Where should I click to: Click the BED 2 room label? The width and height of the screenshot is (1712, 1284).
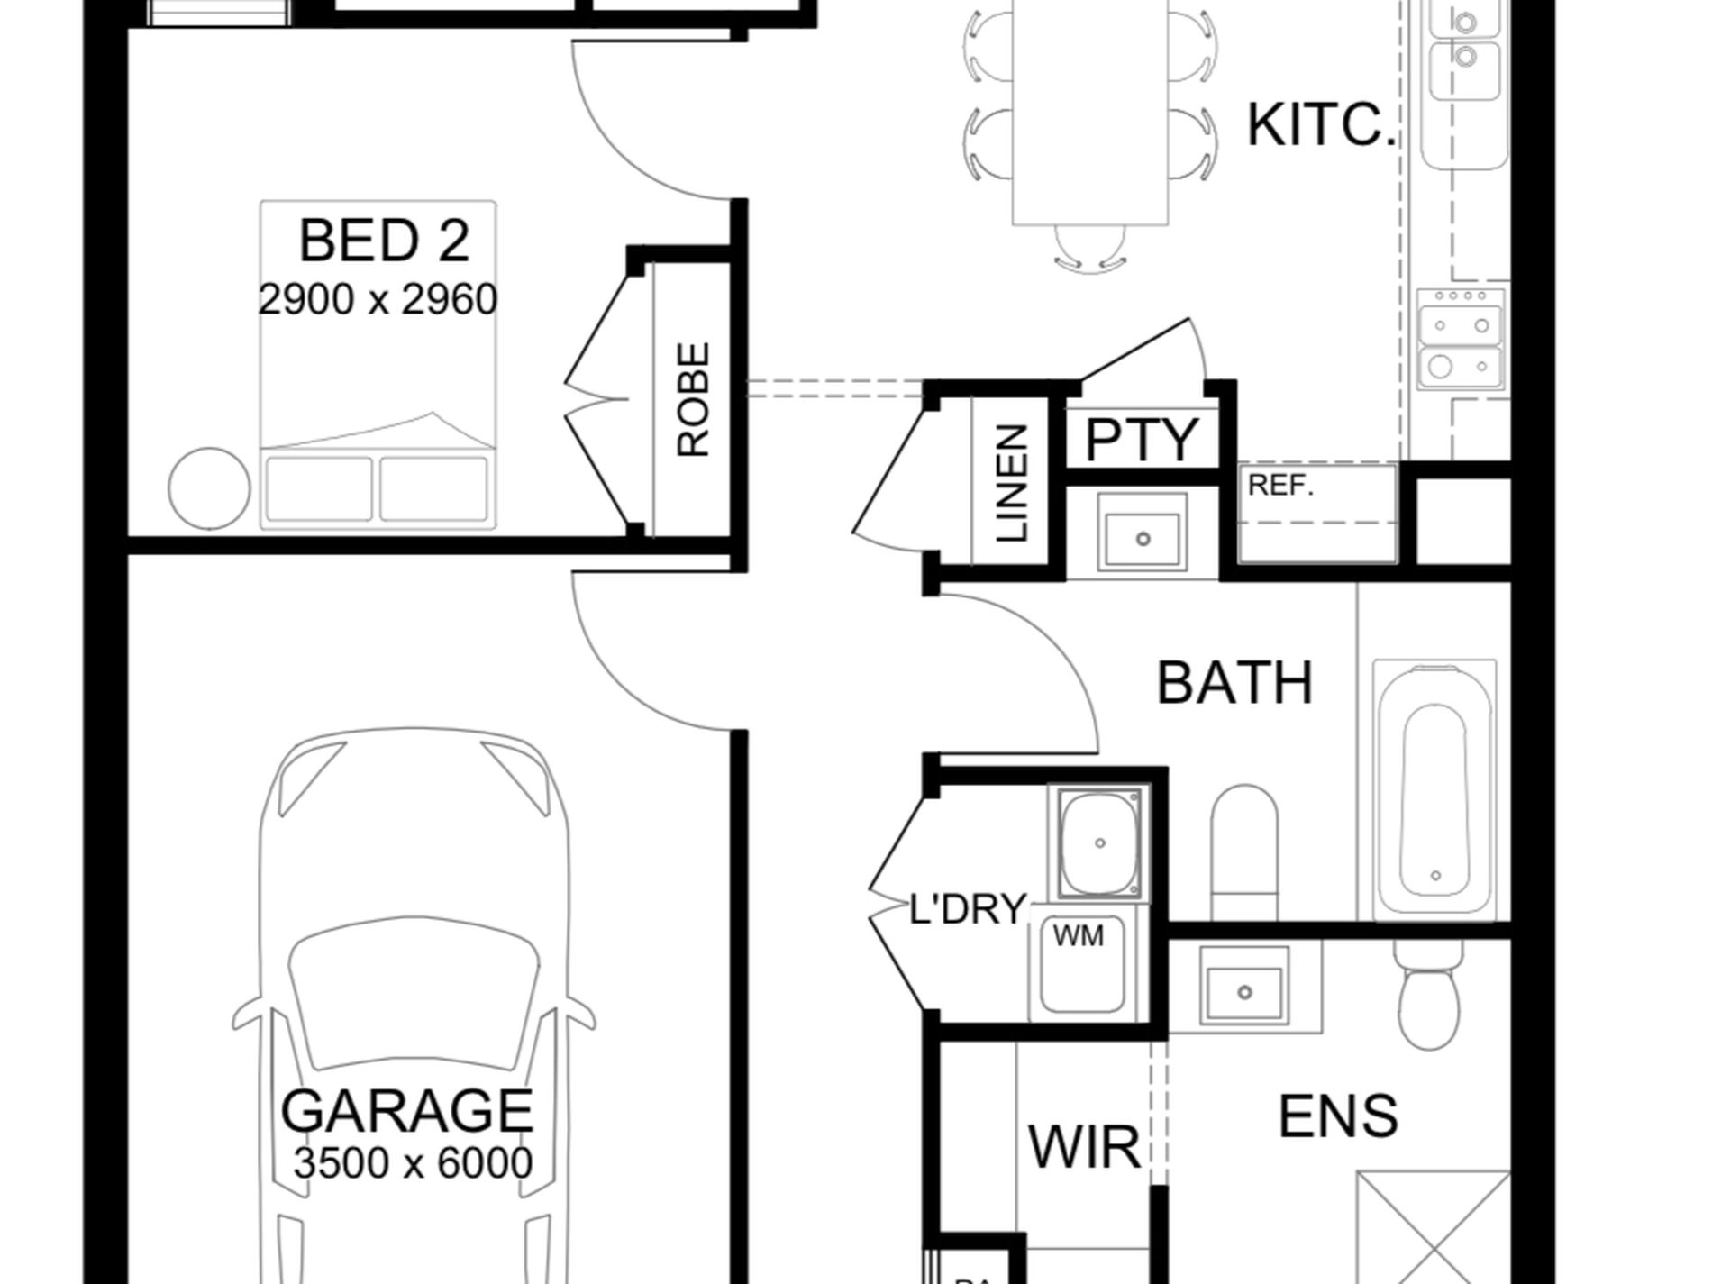point(384,241)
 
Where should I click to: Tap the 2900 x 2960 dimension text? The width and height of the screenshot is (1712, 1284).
point(378,300)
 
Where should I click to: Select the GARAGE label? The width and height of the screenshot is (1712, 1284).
point(407,1111)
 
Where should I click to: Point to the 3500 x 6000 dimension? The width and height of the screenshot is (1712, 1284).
point(413,1163)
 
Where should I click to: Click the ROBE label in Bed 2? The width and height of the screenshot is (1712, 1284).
point(693,399)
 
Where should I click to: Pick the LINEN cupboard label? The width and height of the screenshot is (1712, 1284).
point(1012,484)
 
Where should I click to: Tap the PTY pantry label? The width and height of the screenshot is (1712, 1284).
point(1142,440)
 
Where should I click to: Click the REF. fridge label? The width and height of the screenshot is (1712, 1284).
point(1280,486)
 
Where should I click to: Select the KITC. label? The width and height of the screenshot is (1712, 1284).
point(1321,125)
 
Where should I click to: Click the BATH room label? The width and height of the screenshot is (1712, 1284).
point(1234,683)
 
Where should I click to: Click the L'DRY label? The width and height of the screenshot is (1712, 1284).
point(968,909)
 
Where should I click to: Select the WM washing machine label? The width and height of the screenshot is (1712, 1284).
point(1078,937)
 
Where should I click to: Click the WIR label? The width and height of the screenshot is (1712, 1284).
point(1084,1148)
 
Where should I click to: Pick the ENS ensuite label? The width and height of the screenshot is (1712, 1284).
point(1338,1116)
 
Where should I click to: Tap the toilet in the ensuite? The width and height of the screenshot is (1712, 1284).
point(1431,996)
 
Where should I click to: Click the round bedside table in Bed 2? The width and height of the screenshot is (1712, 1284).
point(209,488)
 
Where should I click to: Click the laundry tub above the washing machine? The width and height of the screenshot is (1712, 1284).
point(1100,844)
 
